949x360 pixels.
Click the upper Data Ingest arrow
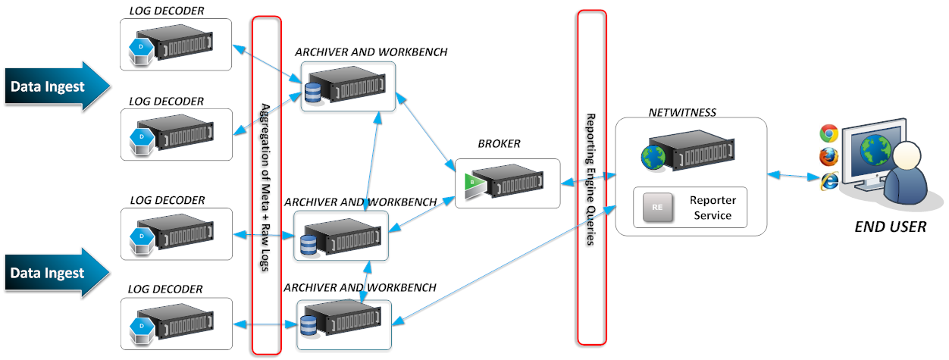click(53, 87)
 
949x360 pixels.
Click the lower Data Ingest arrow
click(53, 273)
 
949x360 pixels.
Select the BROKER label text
click(499, 144)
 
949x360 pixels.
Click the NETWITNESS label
click(682, 113)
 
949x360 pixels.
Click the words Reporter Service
click(710, 208)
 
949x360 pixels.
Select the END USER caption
click(890, 226)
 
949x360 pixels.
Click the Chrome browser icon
click(828, 134)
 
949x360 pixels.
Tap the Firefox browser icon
click(828, 157)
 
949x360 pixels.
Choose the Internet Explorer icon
click(829, 181)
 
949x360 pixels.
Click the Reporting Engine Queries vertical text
click(591, 180)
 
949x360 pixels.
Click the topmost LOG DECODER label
click(167, 10)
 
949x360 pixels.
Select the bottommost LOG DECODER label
click(165, 289)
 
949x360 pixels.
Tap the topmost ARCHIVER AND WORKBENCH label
click(371, 52)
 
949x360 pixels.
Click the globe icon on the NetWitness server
click(653, 157)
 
